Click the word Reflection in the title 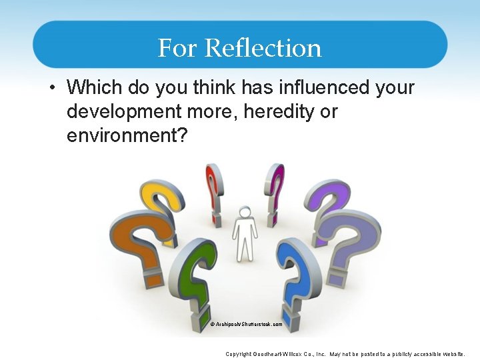coord(263,48)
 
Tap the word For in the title coord(178,48)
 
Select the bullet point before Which coord(53,88)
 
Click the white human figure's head coord(245,213)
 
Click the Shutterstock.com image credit coord(246,325)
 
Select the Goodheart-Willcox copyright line coord(345,354)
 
